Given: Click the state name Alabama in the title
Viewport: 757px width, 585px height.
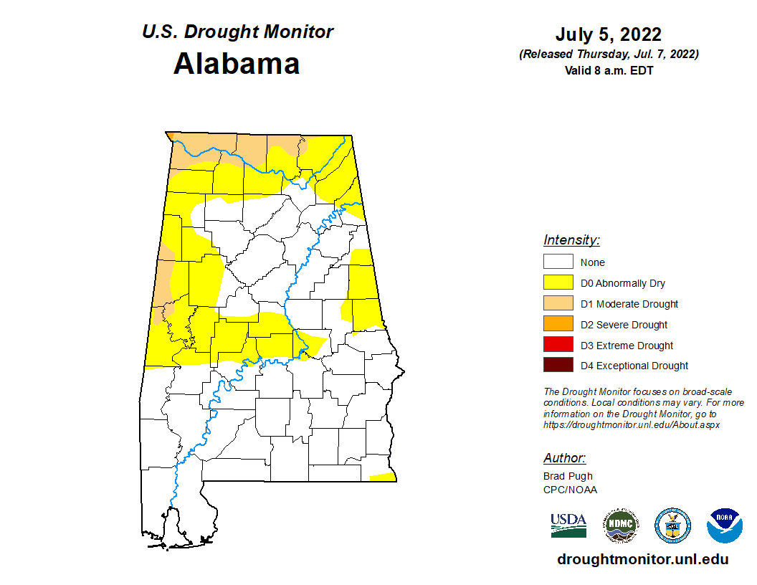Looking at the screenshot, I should (237, 64).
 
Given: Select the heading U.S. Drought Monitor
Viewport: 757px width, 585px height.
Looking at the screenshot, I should (237, 32).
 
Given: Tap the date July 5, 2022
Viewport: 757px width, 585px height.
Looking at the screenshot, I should (608, 35).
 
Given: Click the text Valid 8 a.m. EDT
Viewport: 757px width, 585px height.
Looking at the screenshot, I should (608, 70).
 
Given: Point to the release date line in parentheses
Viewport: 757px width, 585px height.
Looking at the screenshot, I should (608, 54).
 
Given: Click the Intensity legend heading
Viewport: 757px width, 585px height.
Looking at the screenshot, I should (571, 240).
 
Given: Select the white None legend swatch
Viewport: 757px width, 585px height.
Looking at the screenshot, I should (558, 262).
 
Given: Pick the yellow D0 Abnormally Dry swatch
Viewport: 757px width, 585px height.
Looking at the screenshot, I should (558, 283).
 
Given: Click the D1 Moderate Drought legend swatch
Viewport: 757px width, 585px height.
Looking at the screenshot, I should (558, 304).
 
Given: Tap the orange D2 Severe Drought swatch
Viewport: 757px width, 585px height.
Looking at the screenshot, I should (558, 325).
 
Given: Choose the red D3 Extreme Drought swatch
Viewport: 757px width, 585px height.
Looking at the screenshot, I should (558, 346).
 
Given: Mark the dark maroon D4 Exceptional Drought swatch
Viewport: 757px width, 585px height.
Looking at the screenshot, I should (558, 366).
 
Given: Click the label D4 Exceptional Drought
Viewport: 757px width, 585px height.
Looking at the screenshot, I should (634, 366).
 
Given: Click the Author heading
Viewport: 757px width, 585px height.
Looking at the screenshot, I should (564, 458).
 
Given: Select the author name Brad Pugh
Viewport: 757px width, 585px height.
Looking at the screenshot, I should (568, 476).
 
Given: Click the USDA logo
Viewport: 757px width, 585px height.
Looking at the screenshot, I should (568, 525).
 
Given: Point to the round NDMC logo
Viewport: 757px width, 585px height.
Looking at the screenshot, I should (620, 526).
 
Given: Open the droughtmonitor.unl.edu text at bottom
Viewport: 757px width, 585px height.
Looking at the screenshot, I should (642, 560).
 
